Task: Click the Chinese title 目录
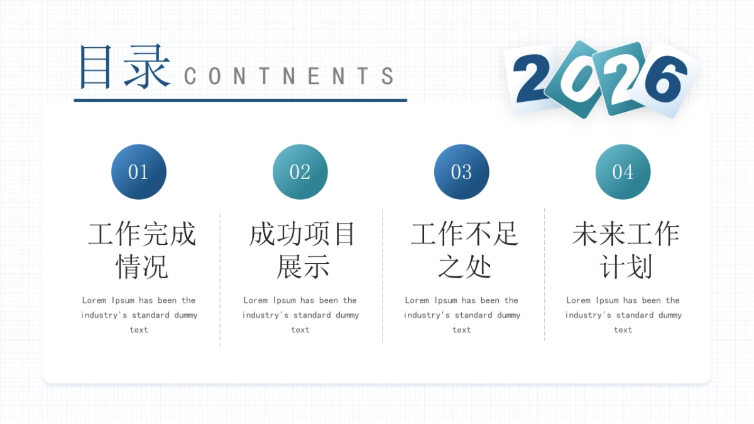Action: [x=124, y=67]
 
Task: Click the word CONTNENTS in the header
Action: [x=289, y=77]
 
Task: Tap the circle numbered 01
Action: [x=139, y=172]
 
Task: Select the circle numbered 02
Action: [x=300, y=172]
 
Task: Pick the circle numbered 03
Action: [x=462, y=172]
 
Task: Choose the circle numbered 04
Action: [x=623, y=172]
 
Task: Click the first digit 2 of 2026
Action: [x=531, y=79]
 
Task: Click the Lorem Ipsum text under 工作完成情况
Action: [x=139, y=315]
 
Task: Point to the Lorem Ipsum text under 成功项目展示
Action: [x=300, y=315]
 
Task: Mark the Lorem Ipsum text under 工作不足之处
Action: [x=462, y=315]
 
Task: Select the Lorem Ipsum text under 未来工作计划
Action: [x=623, y=315]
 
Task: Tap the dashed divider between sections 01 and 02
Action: [x=220, y=280]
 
